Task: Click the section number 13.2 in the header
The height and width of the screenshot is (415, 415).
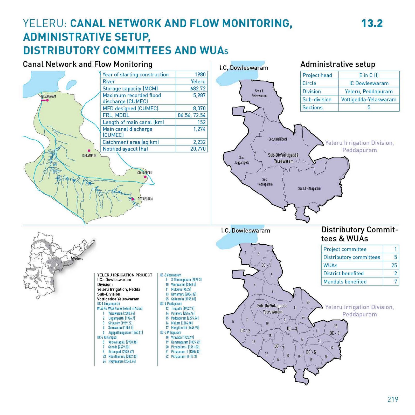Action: coord(372,23)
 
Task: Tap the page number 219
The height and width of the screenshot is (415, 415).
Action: coord(393,399)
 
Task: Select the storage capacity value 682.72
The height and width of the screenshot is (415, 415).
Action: coord(198,88)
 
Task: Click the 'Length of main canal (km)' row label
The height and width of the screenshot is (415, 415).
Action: coord(133,122)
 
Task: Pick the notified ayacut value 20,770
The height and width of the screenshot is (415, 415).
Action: coord(198,149)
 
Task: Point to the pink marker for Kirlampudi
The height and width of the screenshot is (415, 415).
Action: coord(89,150)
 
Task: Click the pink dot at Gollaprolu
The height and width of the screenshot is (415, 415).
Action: coord(145,177)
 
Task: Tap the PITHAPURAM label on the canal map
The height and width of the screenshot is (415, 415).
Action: coord(145,199)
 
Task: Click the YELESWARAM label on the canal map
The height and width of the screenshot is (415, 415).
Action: coord(48,96)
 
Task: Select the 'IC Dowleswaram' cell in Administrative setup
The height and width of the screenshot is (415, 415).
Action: coord(369,83)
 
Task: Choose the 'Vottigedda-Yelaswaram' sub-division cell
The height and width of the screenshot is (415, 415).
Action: coord(369,100)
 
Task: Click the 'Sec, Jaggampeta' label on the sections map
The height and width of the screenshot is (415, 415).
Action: coord(242,160)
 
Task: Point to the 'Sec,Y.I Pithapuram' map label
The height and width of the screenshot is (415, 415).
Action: coord(309,188)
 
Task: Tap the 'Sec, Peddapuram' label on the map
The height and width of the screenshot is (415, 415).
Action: coord(265,182)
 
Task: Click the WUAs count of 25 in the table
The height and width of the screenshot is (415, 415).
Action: coord(394,265)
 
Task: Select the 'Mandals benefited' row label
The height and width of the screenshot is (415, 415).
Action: coord(345,282)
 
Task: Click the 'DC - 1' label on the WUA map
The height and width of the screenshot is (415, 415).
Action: coord(266,265)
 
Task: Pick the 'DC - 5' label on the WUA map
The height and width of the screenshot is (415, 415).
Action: coord(311,352)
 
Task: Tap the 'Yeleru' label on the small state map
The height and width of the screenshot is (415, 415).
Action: coord(78,259)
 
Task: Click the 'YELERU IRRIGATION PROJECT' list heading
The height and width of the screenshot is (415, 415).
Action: coord(125,275)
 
